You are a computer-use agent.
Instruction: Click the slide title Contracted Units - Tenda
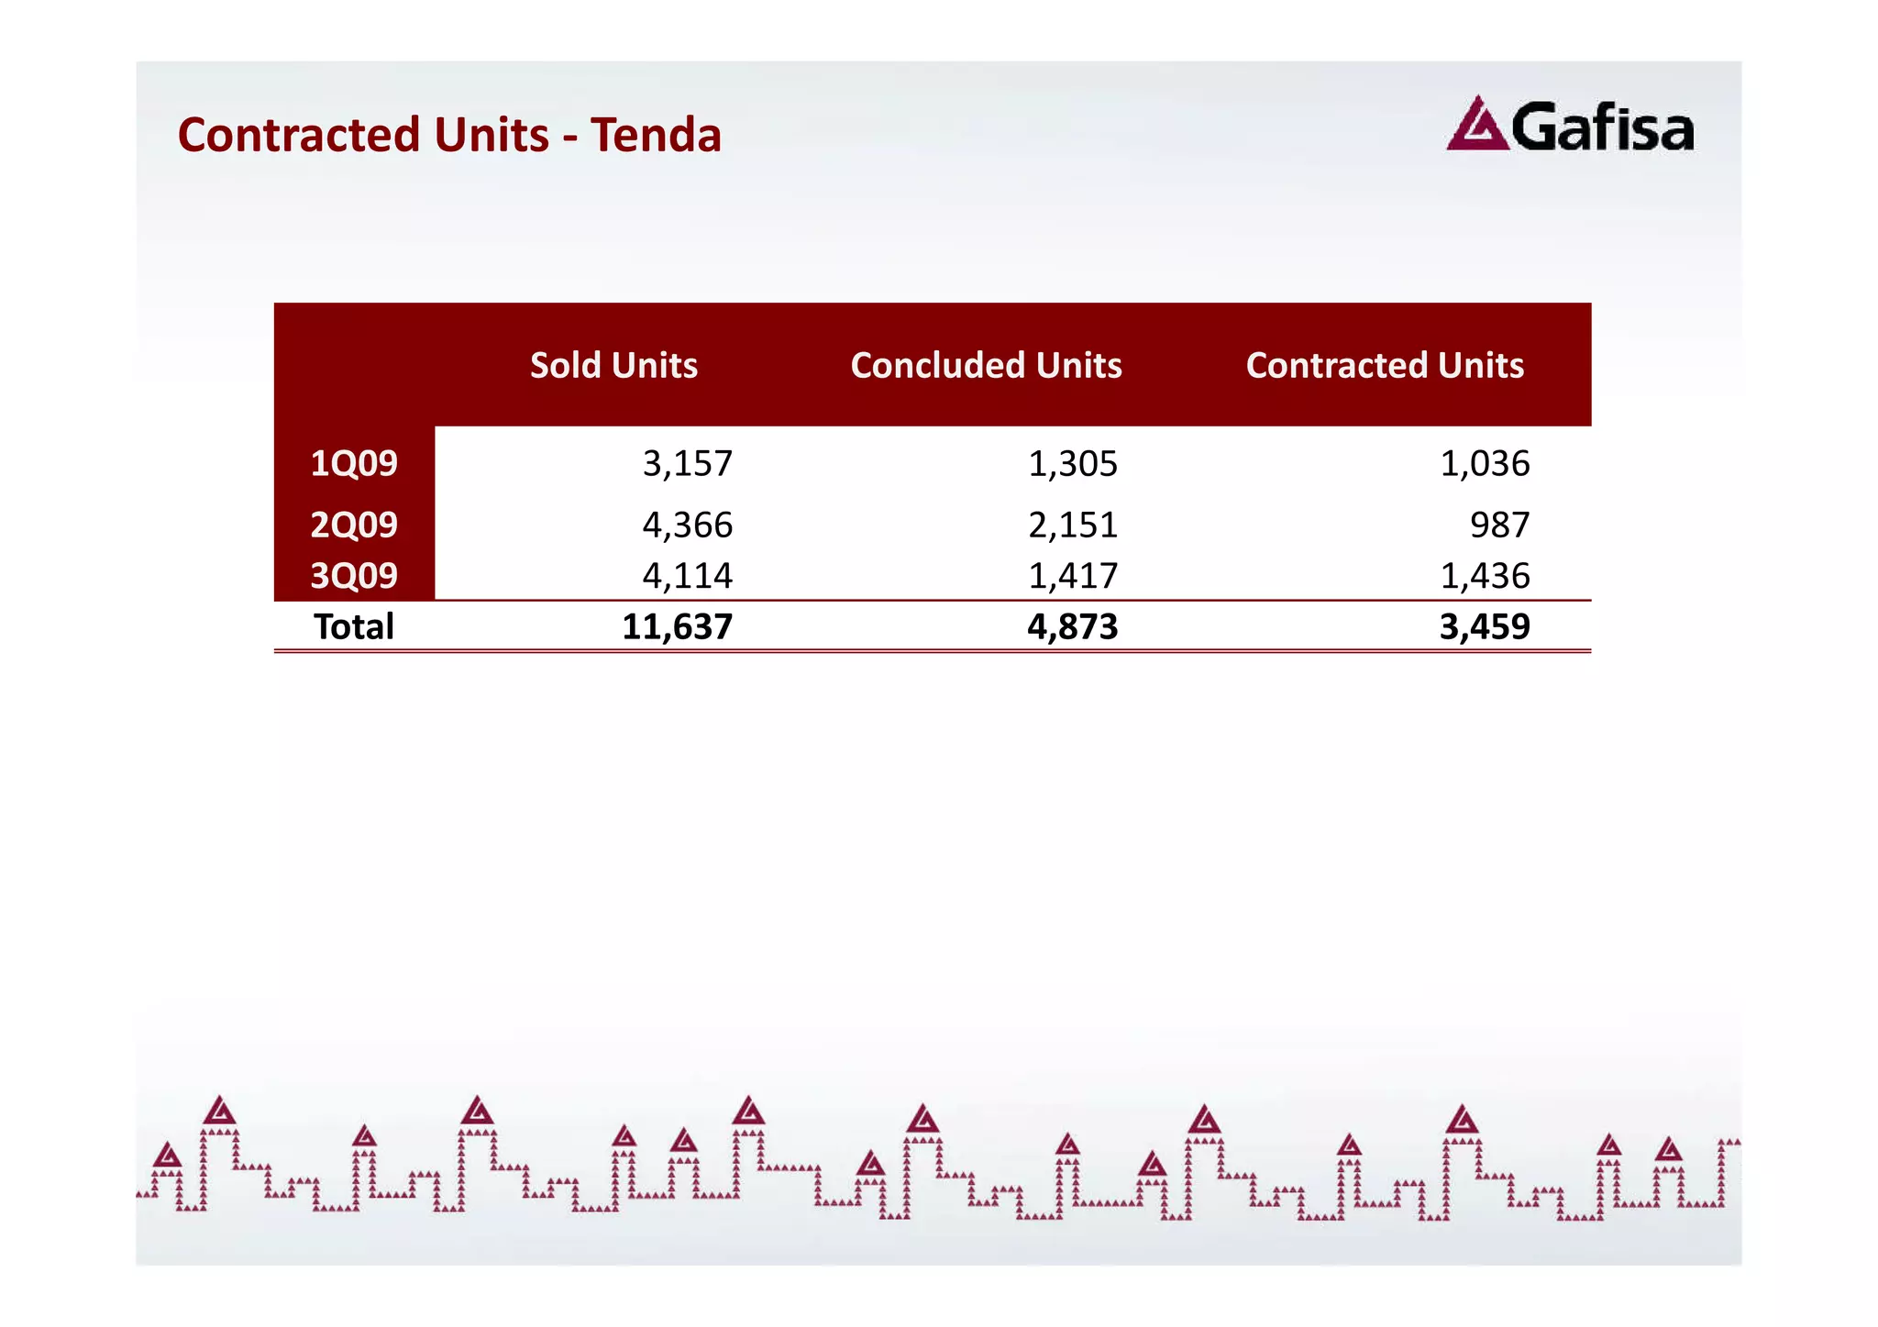(449, 135)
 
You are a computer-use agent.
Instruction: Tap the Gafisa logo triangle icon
(1476, 125)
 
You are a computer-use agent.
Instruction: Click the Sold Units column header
(613, 365)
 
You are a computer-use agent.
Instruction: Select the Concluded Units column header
(986, 365)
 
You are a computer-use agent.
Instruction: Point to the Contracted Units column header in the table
(1385, 365)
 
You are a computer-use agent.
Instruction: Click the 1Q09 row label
(354, 463)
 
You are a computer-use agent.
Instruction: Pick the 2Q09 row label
(354, 525)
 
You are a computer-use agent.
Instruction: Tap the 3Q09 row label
(354, 575)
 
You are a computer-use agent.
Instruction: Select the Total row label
(354, 626)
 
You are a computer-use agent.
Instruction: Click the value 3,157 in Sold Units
(687, 463)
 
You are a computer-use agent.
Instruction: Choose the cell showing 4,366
(687, 525)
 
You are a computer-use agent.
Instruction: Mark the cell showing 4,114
(687, 575)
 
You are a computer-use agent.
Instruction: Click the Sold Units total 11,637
(677, 626)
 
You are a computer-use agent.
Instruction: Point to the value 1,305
(1072, 463)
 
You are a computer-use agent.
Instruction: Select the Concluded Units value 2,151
(1072, 525)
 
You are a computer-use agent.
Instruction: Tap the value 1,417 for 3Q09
(1072, 575)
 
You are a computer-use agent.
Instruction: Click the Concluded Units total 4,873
(1072, 626)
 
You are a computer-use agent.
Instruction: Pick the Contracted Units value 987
(1499, 525)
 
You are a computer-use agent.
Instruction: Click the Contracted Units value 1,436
(1485, 575)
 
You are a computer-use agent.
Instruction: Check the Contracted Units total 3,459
(1485, 626)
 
